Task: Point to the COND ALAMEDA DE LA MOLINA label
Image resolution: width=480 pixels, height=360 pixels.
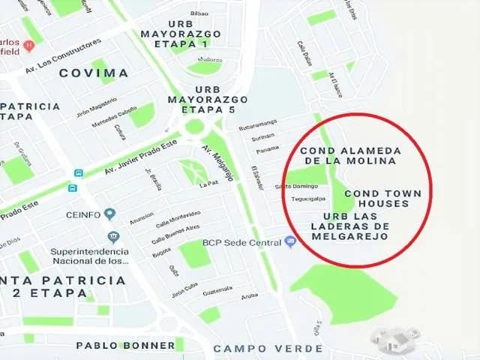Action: click(346, 155)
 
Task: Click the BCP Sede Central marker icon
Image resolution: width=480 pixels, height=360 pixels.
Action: click(290, 241)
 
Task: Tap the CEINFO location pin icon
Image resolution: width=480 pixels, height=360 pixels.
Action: click(110, 214)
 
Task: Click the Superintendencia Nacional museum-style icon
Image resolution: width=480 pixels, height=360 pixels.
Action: click(113, 237)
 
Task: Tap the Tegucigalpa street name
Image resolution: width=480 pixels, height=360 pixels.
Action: click(306, 199)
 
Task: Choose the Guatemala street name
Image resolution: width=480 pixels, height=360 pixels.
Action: click(217, 289)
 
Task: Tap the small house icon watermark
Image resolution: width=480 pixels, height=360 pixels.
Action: click(395, 340)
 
